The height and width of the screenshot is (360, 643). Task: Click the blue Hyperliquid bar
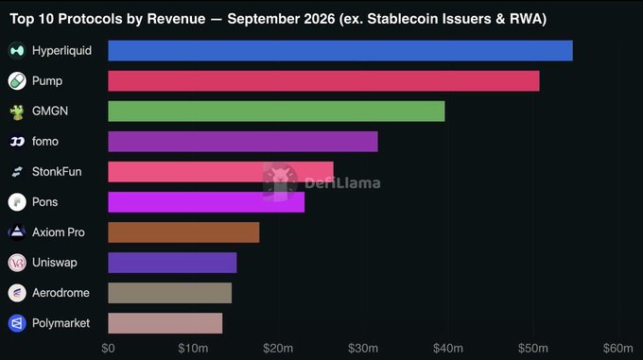pyautogui.click(x=340, y=51)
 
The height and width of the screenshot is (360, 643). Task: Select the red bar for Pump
pyautogui.click(x=324, y=81)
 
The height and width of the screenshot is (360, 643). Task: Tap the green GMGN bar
pyautogui.click(x=276, y=111)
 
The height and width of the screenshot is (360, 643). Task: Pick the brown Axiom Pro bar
pyautogui.click(x=183, y=232)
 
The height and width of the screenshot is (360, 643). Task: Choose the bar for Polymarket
pyautogui.click(x=165, y=323)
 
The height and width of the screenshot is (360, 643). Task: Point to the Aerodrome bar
pyautogui.click(x=170, y=293)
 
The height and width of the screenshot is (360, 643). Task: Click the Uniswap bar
pyautogui.click(x=172, y=263)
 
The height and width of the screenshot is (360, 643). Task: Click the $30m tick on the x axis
pyautogui.click(x=363, y=349)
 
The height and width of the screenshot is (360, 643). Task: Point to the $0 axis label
pyautogui.click(x=108, y=349)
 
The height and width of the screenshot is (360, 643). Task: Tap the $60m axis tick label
pyautogui.click(x=618, y=349)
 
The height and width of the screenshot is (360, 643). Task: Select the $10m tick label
pyautogui.click(x=193, y=349)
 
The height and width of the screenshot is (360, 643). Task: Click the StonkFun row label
pyautogui.click(x=57, y=172)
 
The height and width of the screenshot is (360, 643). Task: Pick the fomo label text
pyautogui.click(x=45, y=142)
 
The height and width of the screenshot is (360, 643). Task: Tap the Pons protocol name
pyautogui.click(x=44, y=202)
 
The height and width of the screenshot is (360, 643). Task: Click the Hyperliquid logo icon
pyautogui.click(x=17, y=51)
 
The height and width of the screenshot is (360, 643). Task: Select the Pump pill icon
pyautogui.click(x=17, y=81)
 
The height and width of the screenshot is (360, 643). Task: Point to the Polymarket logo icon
pyautogui.click(x=17, y=323)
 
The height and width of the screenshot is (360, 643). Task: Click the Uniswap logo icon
pyautogui.click(x=17, y=263)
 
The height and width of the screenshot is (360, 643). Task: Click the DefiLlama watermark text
pyautogui.click(x=342, y=183)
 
